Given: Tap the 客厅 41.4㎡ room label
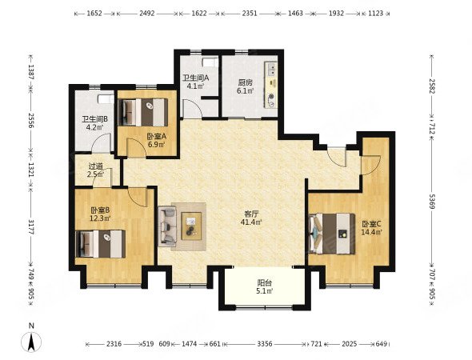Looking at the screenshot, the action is (x=251, y=218).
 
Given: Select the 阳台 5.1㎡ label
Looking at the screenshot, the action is (x=265, y=287).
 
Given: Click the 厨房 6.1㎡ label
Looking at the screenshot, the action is (x=245, y=86).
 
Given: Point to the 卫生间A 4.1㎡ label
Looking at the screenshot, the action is (x=195, y=82).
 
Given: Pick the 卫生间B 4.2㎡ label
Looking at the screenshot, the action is (x=95, y=123).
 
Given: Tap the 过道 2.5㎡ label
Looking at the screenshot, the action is (x=96, y=170).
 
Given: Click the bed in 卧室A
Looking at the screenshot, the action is (x=143, y=112).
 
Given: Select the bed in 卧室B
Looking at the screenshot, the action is (x=101, y=244).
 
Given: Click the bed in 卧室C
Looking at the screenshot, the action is (x=332, y=234).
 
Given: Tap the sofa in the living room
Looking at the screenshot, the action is (x=167, y=226).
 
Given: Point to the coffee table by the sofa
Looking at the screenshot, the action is (x=191, y=226).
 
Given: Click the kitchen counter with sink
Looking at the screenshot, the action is (x=271, y=85).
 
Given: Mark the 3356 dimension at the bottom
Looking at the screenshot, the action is (x=265, y=344).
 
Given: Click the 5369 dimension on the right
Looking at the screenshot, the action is (x=432, y=202).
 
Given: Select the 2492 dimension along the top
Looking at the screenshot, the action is (x=147, y=14).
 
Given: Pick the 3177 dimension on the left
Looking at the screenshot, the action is (x=30, y=227).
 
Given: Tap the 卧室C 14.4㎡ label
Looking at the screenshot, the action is (x=372, y=228).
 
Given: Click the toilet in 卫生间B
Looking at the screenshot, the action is (x=106, y=99).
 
